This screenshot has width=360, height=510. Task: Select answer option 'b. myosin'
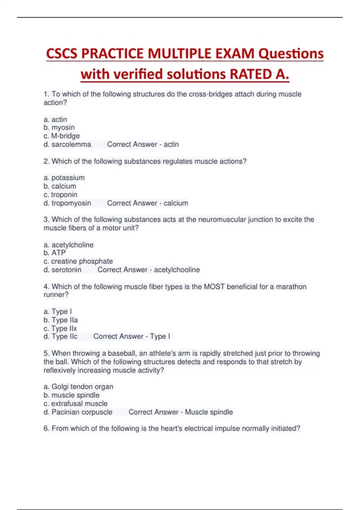(x=59, y=127)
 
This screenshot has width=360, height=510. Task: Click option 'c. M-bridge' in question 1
(x=61, y=136)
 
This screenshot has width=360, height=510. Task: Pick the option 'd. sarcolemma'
(x=67, y=144)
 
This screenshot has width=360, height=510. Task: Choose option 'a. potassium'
(x=64, y=178)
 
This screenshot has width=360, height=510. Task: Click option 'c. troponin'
(x=60, y=195)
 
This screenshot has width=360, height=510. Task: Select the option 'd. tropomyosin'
(x=67, y=203)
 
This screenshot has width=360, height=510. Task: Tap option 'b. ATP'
(x=55, y=253)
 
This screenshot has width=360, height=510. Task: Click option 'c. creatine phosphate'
(x=78, y=261)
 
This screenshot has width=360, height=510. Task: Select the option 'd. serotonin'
(x=62, y=270)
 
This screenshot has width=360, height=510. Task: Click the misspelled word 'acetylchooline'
(x=177, y=270)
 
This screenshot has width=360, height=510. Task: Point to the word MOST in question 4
(x=214, y=287)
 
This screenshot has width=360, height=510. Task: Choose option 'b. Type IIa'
(x=61, y=320)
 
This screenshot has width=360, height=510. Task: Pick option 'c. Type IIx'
(x=60, y=328)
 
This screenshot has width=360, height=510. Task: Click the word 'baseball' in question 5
(x=121, y=353)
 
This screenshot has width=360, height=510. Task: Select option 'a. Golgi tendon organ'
(x=78, y=387)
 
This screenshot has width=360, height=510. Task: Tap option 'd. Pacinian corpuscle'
(x=78, y=412)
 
